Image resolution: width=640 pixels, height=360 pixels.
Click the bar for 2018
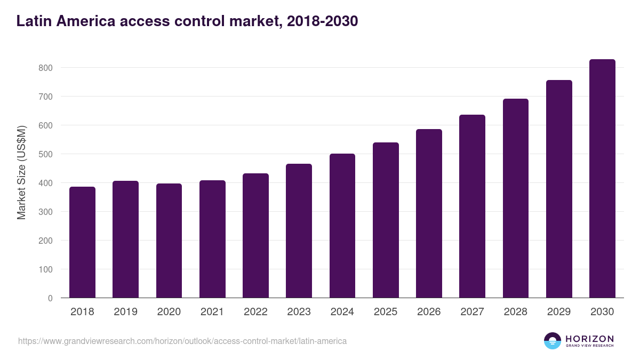(x=82, y=242)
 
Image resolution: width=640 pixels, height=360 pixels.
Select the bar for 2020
(x=169, y=241)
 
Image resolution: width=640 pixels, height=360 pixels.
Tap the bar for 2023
(x=299, y=230)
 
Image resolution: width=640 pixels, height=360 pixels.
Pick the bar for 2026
(x=429, y=213)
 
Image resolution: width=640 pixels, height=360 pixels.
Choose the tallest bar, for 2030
(x=602, y=179)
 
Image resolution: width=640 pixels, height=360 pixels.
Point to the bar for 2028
(x=516, y=198)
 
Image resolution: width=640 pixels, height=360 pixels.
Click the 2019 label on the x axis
(x=125, y=312)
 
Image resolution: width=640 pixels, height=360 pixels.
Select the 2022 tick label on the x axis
(x=255, y=312)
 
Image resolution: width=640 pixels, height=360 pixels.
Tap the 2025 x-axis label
(x=386, y=312)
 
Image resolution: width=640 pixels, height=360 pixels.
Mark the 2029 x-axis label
(x=559, y=312)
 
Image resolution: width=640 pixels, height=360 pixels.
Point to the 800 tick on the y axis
(x=46, y=68)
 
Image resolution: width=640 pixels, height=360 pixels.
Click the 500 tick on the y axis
(x=46, y=154)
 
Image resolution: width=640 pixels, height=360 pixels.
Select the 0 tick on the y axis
(x=50, y=298)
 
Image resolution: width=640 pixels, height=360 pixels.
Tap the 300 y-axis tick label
(x=46, y=212)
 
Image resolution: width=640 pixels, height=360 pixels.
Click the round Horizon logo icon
(x=553, y=341)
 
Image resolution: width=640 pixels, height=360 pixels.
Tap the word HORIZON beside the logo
(x=590, y=339)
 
